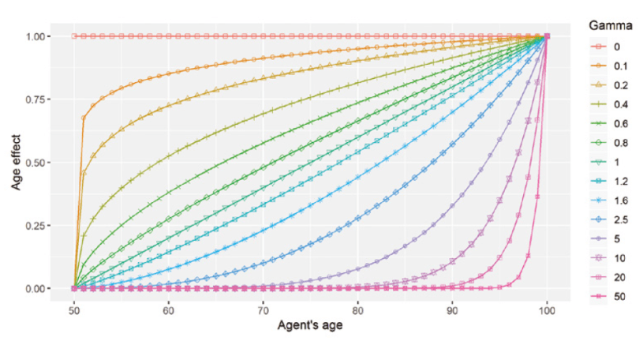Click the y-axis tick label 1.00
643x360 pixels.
pyautogui.click(x=39, y=36)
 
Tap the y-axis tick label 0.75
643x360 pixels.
pyautogui.click(x=39, y=99)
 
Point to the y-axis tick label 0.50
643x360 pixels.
pyautogui.click(x=39, y=163)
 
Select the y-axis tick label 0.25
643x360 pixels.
pyautogui.click(x=39, y=226)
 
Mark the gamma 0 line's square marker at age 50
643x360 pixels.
pyautogui.click(x=74, y=36)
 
